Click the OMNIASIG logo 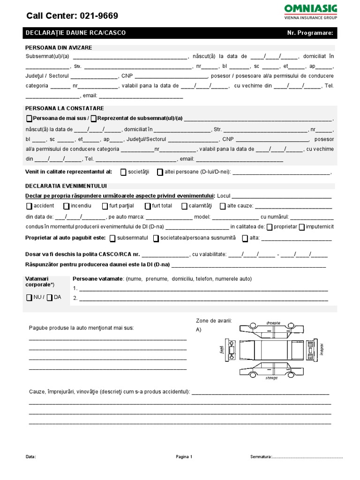(x=310, y=10)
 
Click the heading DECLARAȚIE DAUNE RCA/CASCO (x=75, y=33)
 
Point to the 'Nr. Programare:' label (x=310, y=33)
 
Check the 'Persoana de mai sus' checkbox (x=30, y=119)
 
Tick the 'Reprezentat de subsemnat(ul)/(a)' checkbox (x=94, y=119)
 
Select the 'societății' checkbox (x=123, y=172)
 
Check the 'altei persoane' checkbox (x=160, y=172)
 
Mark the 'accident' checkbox (x=29, y=206)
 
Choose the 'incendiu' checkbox (x=66, y=206)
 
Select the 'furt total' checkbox (x=148, y=206)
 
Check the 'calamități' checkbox (x=185, y=206)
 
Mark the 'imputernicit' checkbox (x=302, y=227)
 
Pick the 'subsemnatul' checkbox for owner (x=112, y=238)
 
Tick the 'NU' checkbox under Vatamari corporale (x=29, y=298)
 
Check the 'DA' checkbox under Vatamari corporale (x=50, y=298)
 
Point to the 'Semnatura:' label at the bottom (x=261, y=456)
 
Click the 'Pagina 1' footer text (x=184, y=456)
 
